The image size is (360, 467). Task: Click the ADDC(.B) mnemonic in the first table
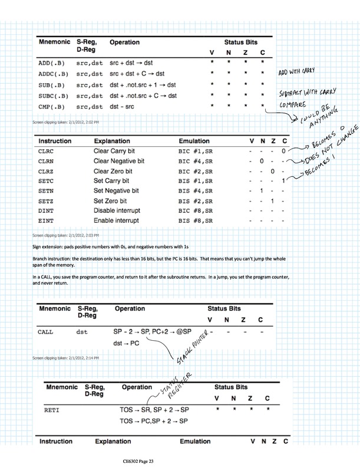(x=52, y=74)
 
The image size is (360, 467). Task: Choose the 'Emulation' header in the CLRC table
(x=196, y=142)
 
